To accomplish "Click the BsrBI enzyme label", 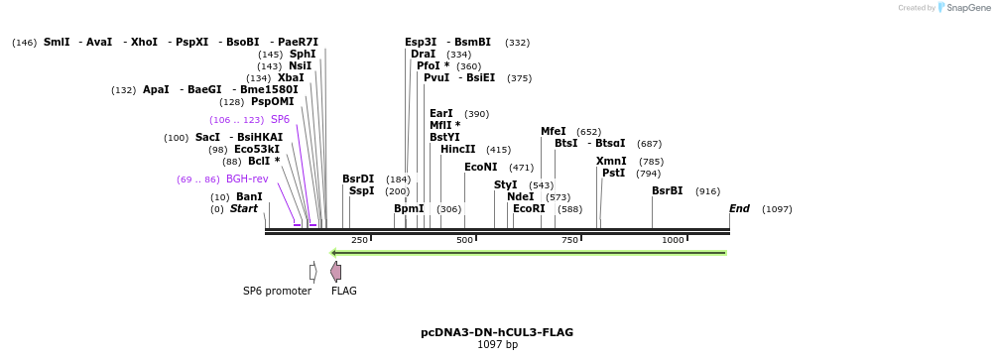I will (667, 191).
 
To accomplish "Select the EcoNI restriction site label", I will (480, 168).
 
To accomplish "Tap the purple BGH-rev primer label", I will (247, 180).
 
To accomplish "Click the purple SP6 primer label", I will (280, 120).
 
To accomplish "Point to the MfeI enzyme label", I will (553, 132).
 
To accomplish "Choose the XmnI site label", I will (611, 162).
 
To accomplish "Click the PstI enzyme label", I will (613, 174).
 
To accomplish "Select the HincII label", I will (457, 150).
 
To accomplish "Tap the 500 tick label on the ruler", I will (464, 240).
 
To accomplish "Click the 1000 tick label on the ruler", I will (673, 240).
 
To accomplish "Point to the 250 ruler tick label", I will (359, 240).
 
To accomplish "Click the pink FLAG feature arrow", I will (336, 272).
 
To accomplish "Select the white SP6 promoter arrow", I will (312, 272).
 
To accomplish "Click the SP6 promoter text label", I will (277, 292).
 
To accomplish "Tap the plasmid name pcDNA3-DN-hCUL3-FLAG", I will (497, 332).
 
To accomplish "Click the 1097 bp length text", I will (497, 345).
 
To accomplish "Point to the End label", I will (739, 209).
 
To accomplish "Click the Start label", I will (244, 209).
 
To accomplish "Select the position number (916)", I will (707, 191).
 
